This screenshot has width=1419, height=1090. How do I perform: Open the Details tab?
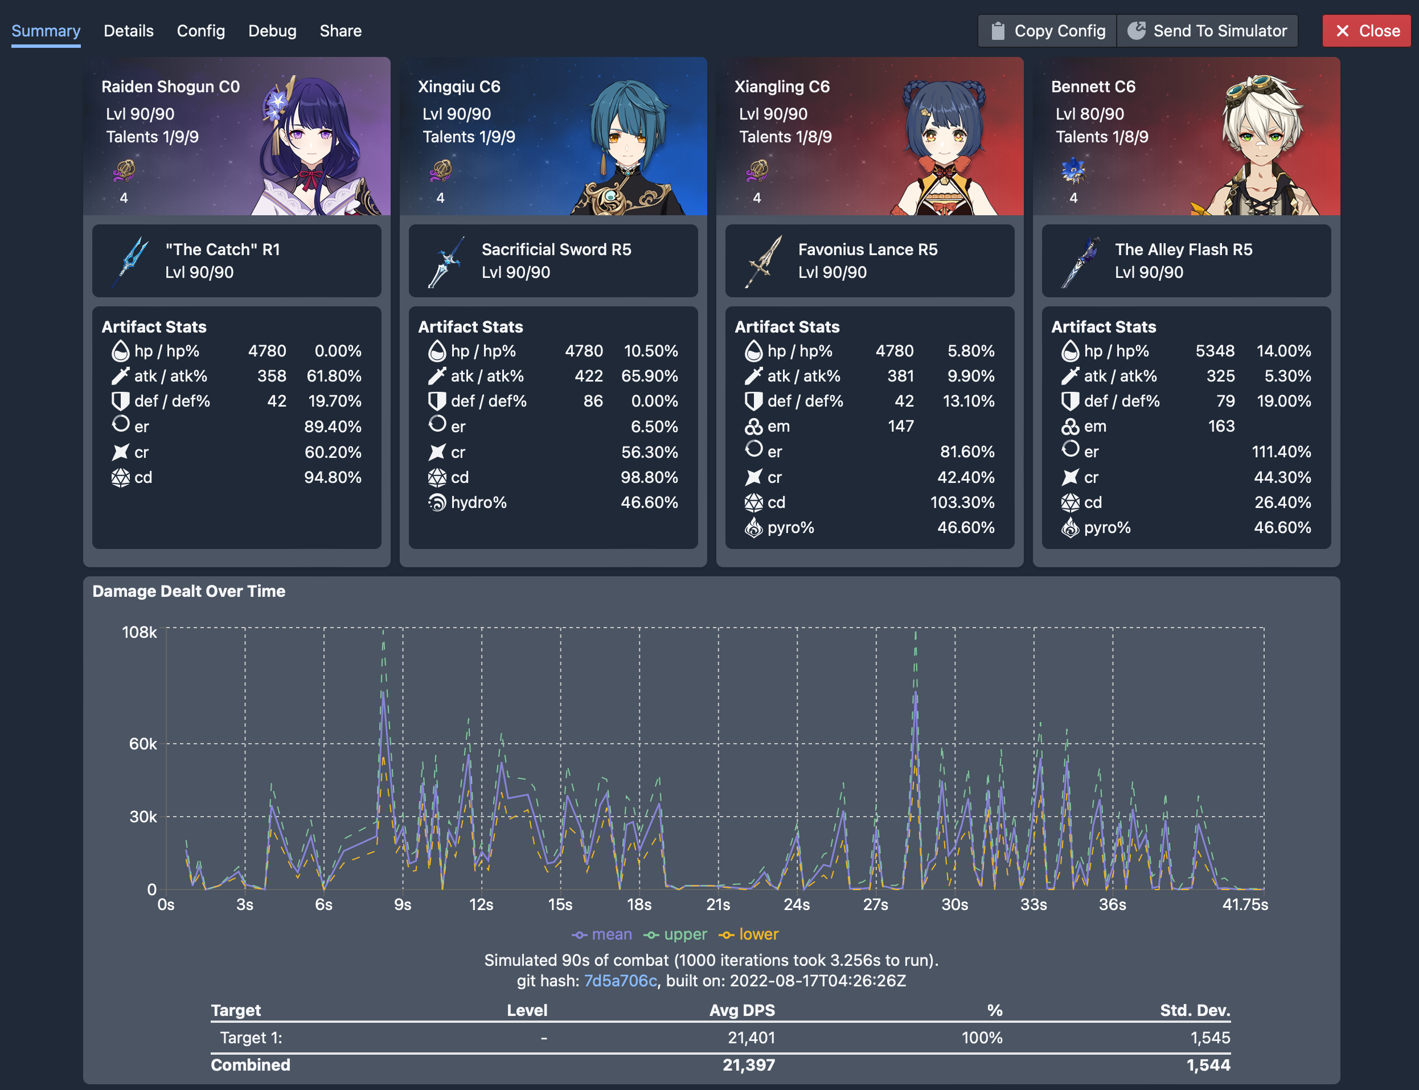(129, 31)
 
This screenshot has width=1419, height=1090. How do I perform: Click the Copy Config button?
(1047, 31)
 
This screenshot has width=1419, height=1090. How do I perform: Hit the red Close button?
(1366, 31)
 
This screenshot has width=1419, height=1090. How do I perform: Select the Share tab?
(340, 31)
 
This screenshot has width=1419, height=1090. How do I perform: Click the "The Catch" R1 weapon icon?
(132, 261)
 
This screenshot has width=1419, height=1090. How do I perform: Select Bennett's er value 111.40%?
(1281, 452)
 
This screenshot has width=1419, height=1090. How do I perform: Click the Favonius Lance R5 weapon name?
(867, 250)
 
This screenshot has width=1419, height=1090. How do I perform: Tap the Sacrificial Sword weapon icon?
(446, 261)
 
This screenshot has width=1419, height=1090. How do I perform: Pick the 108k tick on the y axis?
(140, 632)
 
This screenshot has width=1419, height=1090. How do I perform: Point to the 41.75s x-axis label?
(1244, 904)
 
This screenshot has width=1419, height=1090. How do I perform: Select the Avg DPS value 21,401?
(750, 1038)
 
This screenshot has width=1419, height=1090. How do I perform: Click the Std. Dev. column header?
(1195, 1010)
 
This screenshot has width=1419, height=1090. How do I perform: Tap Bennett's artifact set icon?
(1073, 171)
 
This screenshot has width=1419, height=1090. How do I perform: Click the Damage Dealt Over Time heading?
(189, 591)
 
